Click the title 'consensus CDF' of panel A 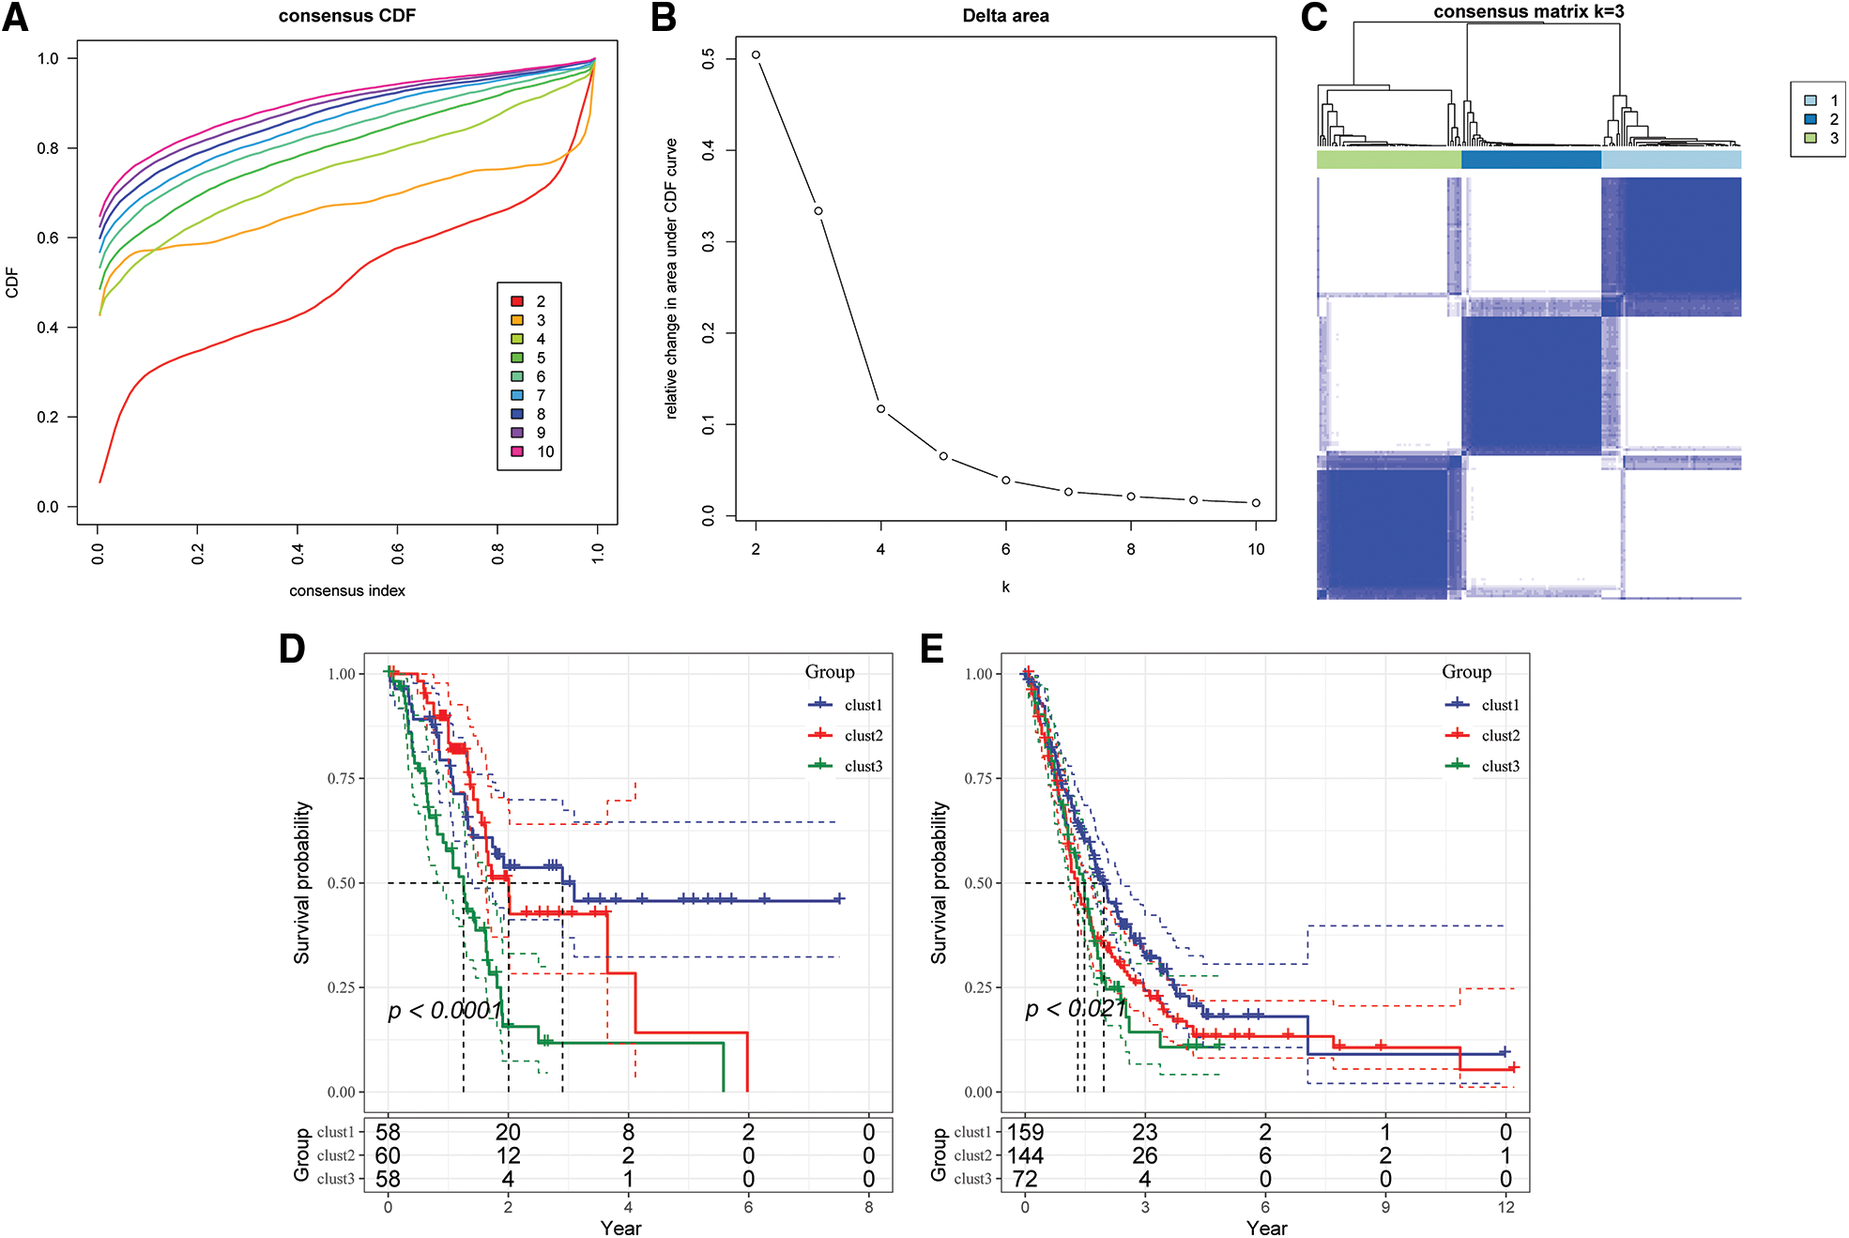click(346, 16)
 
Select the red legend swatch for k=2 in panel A click(517, 301)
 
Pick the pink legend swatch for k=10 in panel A click(517, 451)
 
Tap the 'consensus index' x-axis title click(347, 590)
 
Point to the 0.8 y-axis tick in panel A click(48, 148)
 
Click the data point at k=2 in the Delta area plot click(756, 55)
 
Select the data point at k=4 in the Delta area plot click(881, 409)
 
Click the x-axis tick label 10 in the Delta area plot click(1256, 549)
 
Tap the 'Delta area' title click(1005, 16)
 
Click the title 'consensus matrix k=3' click(1528, 12)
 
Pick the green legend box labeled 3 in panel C click(1811, 138)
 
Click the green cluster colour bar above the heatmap click(1389, 160)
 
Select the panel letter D click(292, 649)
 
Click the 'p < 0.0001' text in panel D click(446, 1010)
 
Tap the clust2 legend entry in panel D click(845, 735)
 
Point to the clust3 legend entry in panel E click(1482, 766)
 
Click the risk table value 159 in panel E click(1026, 1132)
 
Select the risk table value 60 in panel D click(388, 1155)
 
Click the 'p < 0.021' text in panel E click(1076, 1009)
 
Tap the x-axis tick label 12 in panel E click(1505, 1207)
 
